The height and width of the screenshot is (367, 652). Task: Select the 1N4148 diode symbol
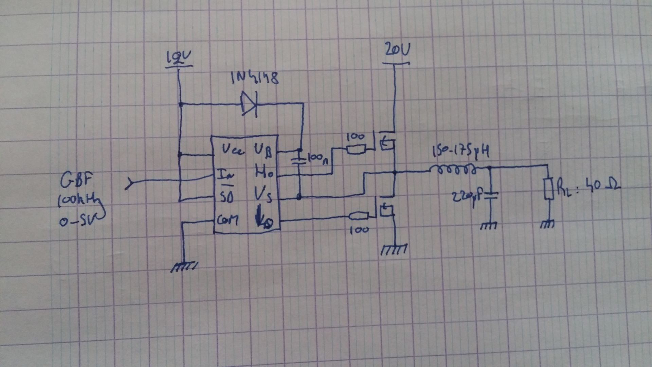click(249, 104)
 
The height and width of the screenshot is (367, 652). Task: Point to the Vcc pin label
click(233, 150)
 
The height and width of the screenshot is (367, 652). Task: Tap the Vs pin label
click(263, 196)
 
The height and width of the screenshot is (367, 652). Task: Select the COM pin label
click(228, 220)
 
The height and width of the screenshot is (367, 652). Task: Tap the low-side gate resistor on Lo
click(359, 215)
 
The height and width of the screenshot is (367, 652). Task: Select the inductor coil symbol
click(452, 169)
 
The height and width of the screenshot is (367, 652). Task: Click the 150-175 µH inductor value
click(461, 152)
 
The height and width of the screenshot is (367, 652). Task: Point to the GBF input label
click(76, 180)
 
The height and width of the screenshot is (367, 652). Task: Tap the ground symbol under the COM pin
click(184, 267)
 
